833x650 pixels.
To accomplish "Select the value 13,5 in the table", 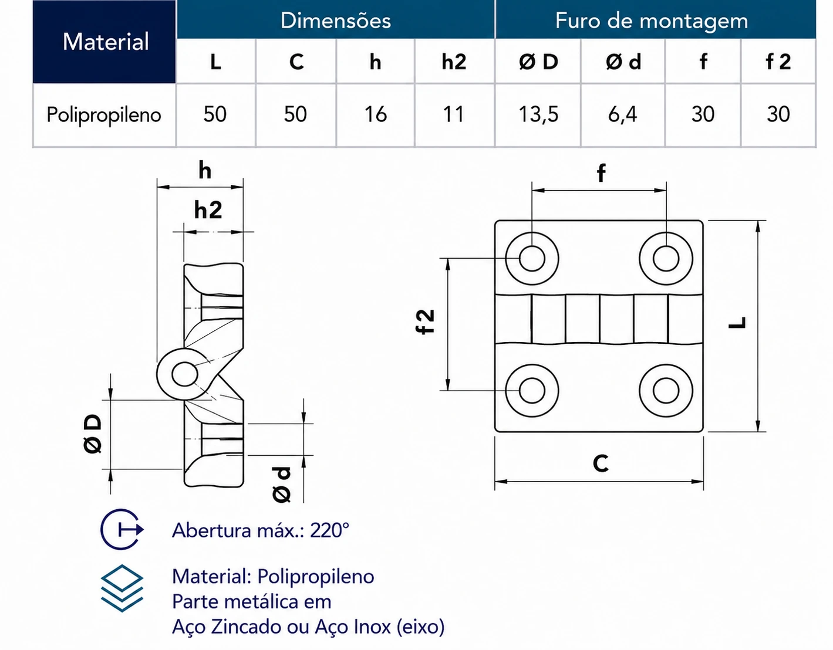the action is pos(538,114).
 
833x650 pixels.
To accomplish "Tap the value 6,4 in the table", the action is pos(622,114).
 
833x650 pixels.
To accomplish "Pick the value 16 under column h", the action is pos(375,114).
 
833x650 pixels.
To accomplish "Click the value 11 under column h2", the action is pos(454,114).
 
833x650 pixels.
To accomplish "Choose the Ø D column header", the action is pos(538,62).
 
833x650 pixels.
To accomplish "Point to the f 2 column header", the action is pos(778,62).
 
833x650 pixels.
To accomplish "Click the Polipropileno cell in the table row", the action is pos(104,115).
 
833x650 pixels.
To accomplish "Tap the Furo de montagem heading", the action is pos(651,21).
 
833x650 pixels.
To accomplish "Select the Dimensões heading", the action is pos(335,21).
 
